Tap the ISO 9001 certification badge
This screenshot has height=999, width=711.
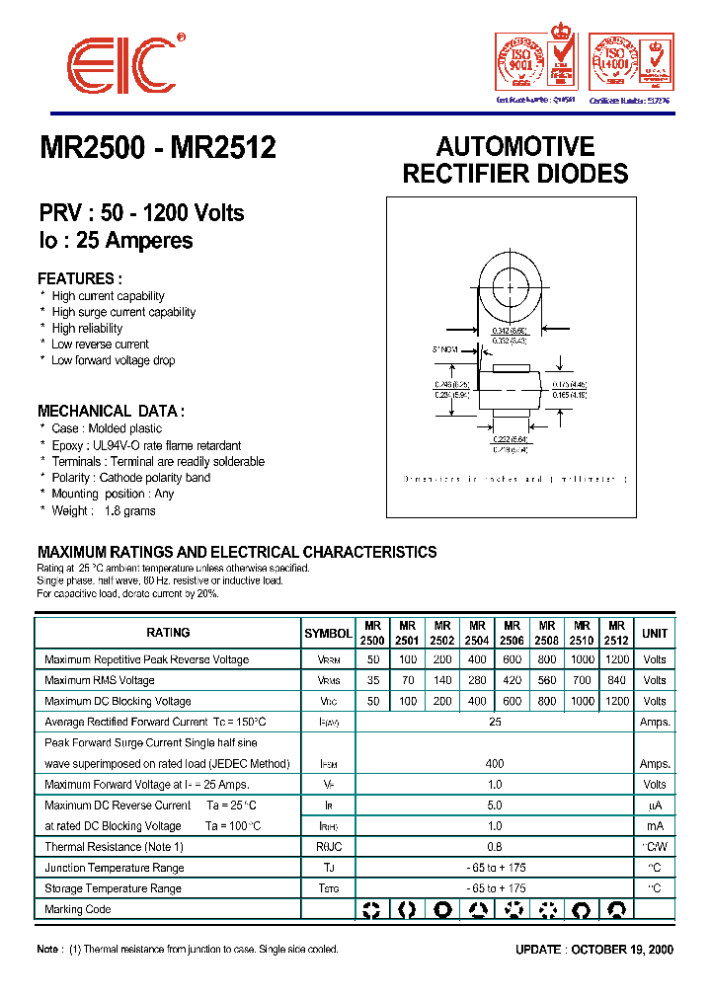click(x=535, y=62)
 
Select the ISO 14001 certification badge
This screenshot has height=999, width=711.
click(x=630, y=62)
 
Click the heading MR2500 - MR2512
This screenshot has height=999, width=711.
click(x=158, y=148)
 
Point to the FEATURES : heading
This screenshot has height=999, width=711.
click(x=80, y=278)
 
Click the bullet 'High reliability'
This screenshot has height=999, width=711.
click(x=87, y=328)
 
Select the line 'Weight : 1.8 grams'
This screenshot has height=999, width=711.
click(x=103, y=510)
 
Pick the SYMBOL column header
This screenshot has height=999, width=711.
click(x=328, y=633)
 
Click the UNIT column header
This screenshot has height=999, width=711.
click(x=655, y=633)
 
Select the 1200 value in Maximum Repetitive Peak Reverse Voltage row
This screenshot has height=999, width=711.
click(x=617, y=659)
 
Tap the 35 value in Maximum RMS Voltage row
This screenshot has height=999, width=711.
click(x=372, y=680)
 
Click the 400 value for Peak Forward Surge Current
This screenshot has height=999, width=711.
click(x=495, y=763)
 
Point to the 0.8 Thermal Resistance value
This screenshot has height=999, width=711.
click(x=495, y=847)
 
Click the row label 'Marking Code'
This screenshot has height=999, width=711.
click(x=78, y=909)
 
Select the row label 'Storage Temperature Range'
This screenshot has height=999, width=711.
click(x=113, y=888)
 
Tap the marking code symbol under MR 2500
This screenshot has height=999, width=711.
click(x=372, y=909)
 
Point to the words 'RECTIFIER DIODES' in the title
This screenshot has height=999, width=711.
click(x=514, y=174)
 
